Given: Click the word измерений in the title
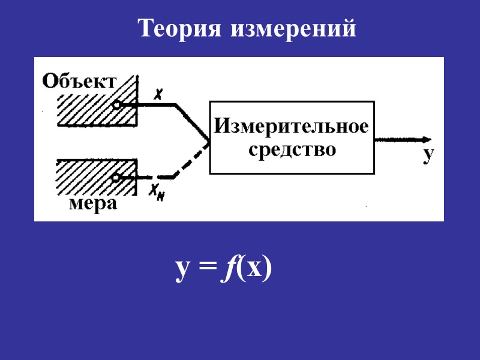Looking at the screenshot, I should tap(292, 29).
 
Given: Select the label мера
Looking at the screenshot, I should tap(93, 205).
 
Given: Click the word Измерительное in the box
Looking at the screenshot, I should tap(292, 126).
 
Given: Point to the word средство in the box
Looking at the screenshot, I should tap(292, 148).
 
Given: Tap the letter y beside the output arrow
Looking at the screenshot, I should tap(427, 155).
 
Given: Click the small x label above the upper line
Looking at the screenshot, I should tap(158, 94).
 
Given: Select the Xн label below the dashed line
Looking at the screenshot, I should tap(157, 192).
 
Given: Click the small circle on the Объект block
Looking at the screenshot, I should tap(117, 105).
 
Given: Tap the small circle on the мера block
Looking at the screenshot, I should tap(116, 178).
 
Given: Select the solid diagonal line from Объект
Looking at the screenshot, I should tap(193, 124).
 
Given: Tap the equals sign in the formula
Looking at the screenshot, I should tap(206, 271).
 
